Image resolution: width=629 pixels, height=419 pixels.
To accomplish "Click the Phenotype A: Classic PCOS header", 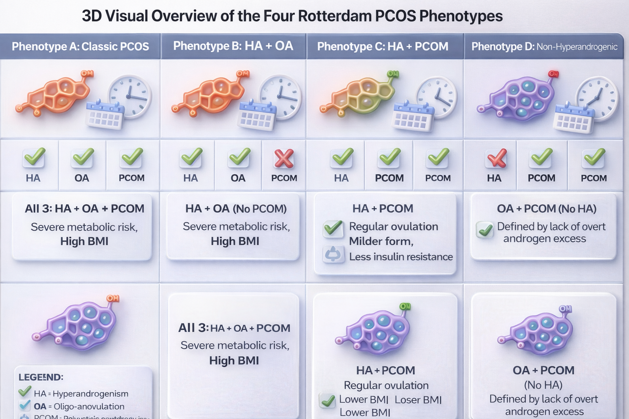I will (x=80, y=46).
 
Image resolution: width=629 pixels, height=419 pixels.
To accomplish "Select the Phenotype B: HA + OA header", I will (x=233, y=46).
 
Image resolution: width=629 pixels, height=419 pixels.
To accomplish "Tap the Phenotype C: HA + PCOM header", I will (x=382, y=46).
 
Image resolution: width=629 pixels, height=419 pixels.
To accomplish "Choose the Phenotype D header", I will (x=544, y=47).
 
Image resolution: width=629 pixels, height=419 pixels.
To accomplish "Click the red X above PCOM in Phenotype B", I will (x=284, y=158).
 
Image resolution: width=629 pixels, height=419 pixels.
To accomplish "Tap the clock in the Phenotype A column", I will (x=129, y=96).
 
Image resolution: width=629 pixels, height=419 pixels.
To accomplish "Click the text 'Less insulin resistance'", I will (x=401, y=257).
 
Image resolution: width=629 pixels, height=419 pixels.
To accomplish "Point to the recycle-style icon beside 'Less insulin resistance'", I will (x=333, y=254).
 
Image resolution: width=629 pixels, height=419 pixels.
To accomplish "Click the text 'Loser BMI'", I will (x=418, y=400).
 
